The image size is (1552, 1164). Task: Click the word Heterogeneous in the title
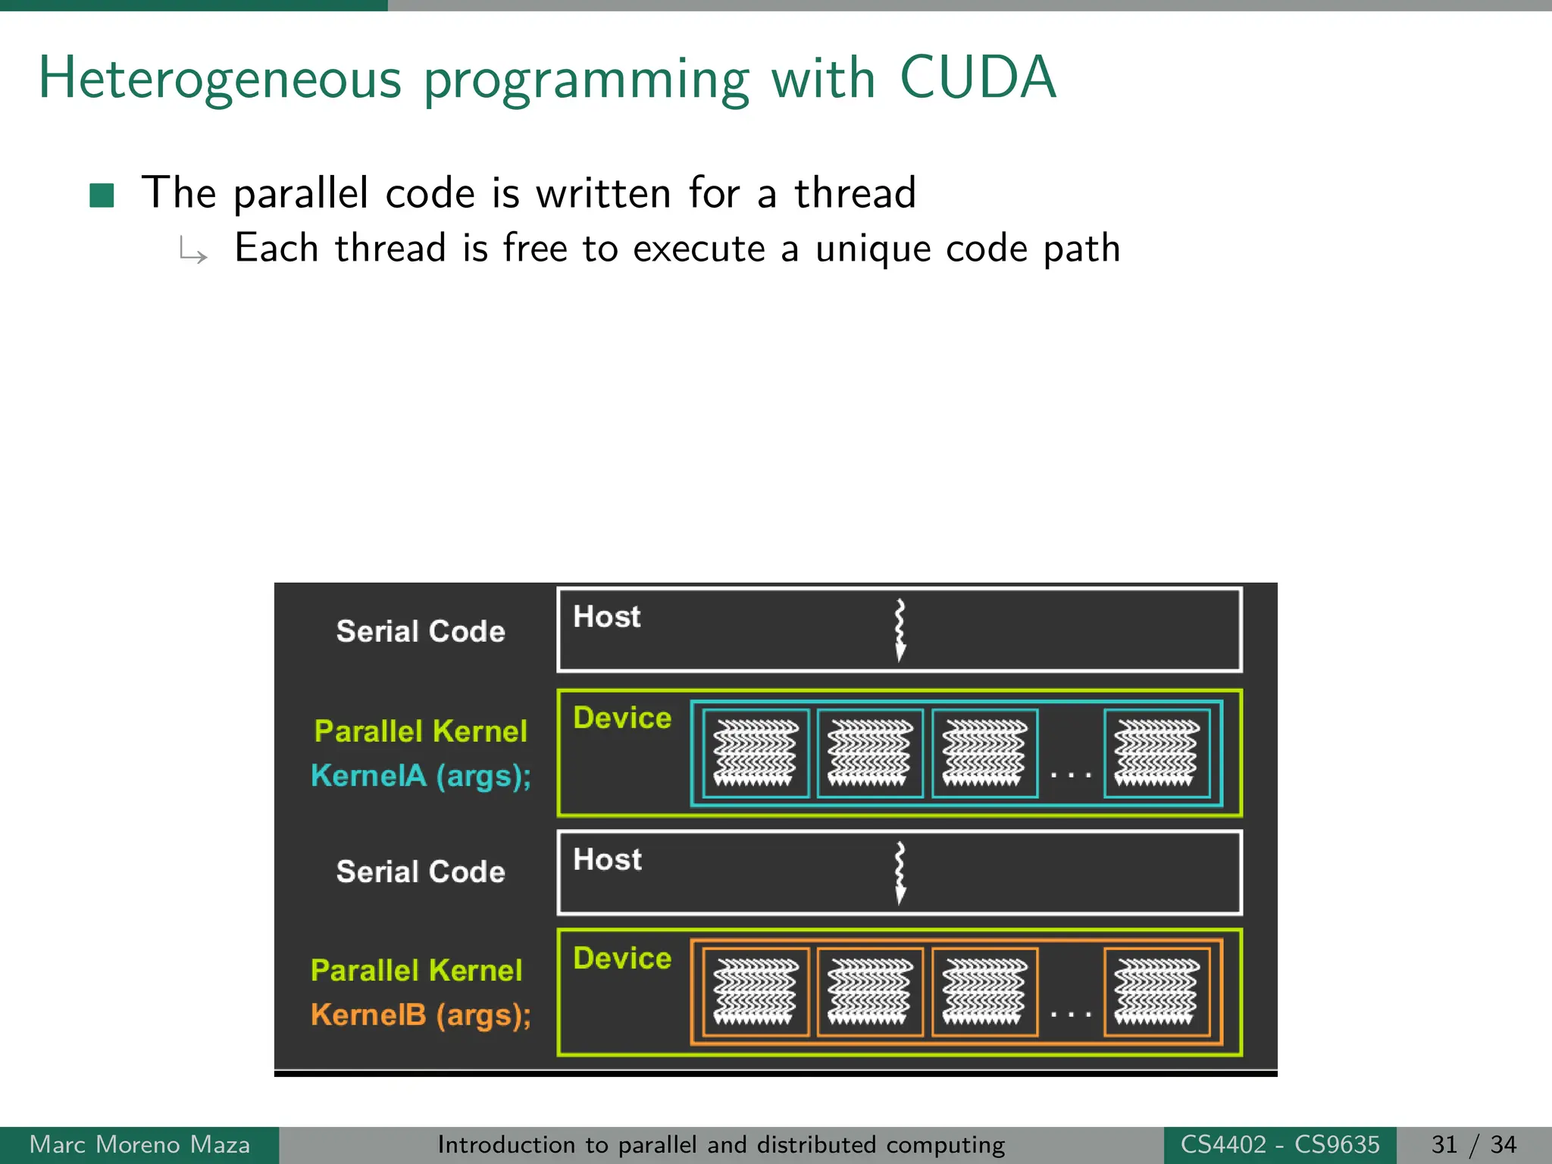(220, 79)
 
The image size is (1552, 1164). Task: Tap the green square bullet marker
(102, 195)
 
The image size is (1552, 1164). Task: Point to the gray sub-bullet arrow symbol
(193, 250)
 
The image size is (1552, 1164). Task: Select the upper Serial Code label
(421, 631)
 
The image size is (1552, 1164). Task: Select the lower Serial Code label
(421, 871)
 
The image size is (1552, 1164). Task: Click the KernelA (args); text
(421, 776)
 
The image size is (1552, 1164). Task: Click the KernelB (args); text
(421, 1015)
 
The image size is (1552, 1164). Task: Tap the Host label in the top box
(607, 617)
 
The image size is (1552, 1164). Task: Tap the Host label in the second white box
(607, 860)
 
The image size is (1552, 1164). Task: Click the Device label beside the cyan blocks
(622, 718)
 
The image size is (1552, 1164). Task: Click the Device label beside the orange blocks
(622, 959)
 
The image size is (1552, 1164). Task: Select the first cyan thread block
(756, 753)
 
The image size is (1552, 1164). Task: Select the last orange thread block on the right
(1156, 992)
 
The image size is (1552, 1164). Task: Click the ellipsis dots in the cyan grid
(1070, 774)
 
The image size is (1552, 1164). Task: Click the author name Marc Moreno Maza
(139, 1145)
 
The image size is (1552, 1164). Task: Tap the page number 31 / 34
(1474, 1145)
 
